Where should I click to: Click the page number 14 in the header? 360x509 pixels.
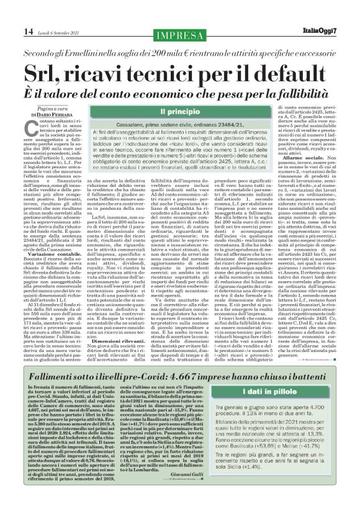12,14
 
